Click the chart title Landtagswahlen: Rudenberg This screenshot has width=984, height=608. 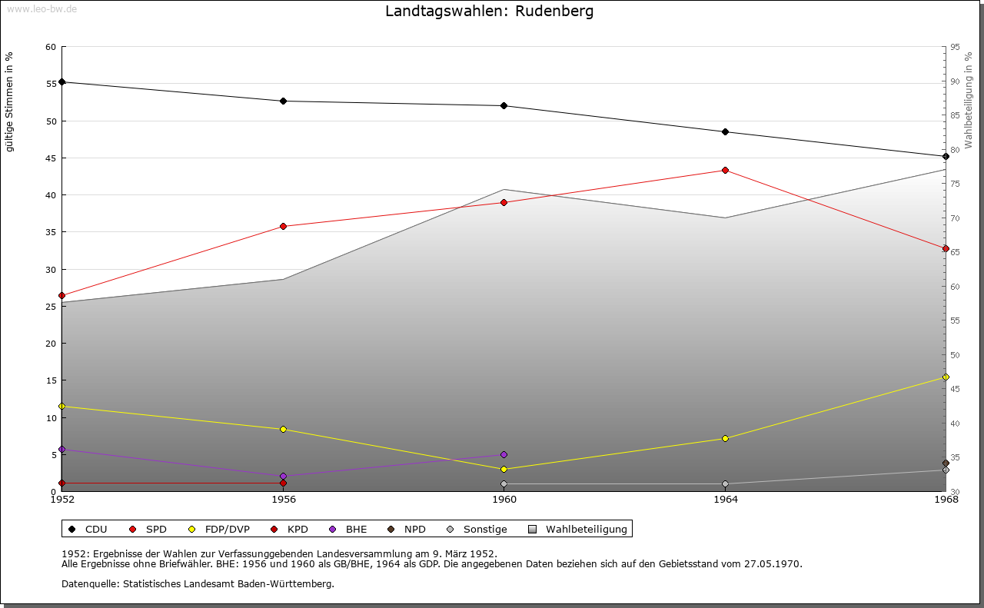[489, 12]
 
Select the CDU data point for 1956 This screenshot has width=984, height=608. [283, 101]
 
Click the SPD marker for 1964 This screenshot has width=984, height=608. [725, 170]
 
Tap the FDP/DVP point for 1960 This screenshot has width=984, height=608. [504, 469]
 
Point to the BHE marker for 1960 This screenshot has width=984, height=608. [504, 454]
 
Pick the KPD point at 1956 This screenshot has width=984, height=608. [283, 483]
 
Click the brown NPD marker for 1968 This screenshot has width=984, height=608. [946, 463]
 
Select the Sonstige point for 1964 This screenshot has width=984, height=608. [725, 483]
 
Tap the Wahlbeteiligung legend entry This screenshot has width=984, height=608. [578, 529]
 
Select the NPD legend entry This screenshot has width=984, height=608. [407, 529]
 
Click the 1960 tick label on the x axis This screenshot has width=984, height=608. [504, 500]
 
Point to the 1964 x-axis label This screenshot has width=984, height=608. [725, 500]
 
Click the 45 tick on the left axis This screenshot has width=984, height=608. [51, 158]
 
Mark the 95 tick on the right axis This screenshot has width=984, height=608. [955, 47]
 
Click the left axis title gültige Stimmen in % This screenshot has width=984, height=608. [10, 101]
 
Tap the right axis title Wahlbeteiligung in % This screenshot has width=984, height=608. [969, 100]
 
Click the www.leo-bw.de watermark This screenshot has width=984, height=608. [41, 8]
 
